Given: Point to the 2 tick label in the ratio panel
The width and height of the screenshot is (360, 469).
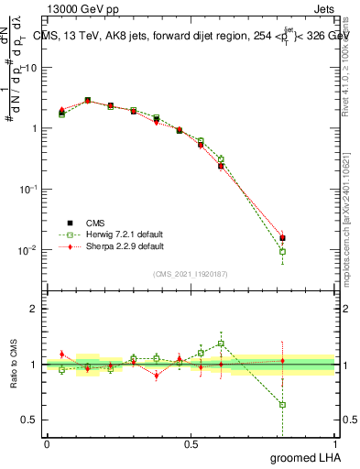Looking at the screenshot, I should tap(33, 309).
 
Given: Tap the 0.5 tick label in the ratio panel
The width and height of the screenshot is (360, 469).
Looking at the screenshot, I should tap(29, 420).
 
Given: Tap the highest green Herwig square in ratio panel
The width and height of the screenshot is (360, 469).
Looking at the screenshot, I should tap(221, 344).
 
